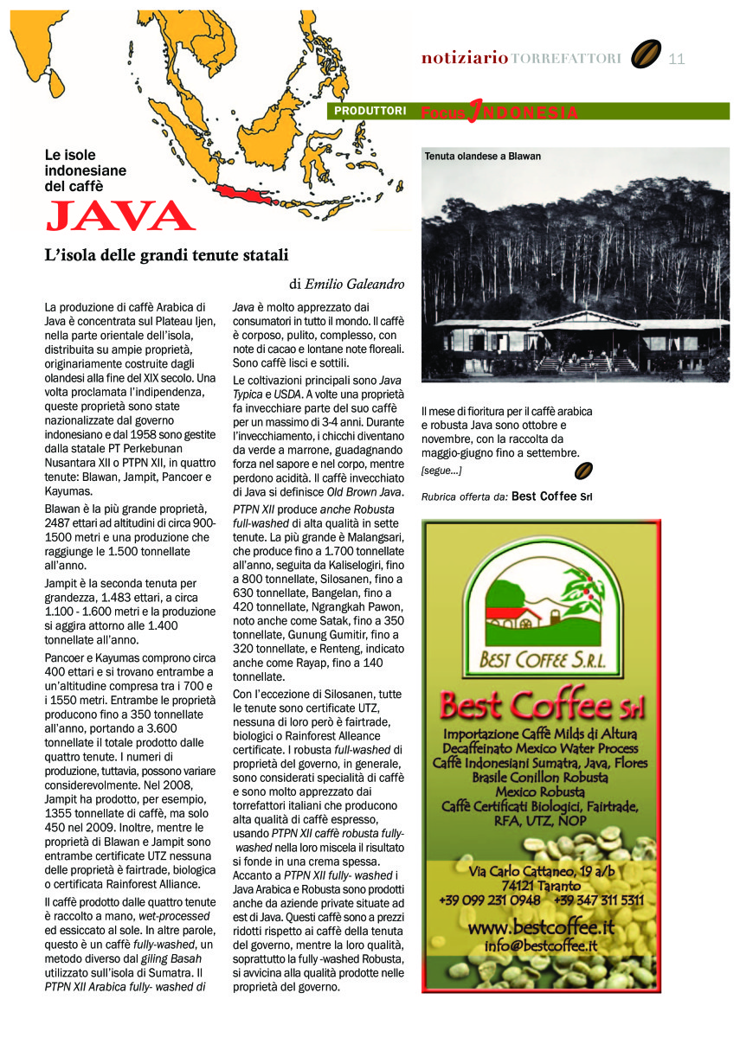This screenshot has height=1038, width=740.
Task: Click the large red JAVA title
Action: (x=120, y=216)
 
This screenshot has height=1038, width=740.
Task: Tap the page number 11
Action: (x=677, y=59)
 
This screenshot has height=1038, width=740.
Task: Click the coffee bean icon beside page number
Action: (x=646, y=55)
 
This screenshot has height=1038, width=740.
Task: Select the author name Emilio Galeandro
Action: (x=355, y=284)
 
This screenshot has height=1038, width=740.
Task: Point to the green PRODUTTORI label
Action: (x=370, y=112)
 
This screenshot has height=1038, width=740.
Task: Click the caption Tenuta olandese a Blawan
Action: (x=482, y=157)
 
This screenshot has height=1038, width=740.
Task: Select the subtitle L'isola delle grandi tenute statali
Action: (x=166, y=255)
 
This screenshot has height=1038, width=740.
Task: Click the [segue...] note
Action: (x=441, y=471)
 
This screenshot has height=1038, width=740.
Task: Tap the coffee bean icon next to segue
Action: (x=584, y=471)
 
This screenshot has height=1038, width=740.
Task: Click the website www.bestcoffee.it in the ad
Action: (x=541, y=927)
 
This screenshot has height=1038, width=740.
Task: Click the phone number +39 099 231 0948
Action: (x=490, y=900)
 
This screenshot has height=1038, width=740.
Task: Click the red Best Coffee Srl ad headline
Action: (x=541, y=706)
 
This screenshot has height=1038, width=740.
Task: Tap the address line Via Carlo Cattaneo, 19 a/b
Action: (x=541, y=869)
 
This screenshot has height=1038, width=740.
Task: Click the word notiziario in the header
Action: (x=464, y=59)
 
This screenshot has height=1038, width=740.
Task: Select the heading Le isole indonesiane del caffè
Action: (x=86, y=170)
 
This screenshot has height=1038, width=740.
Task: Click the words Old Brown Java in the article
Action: (x=367, y=492)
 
